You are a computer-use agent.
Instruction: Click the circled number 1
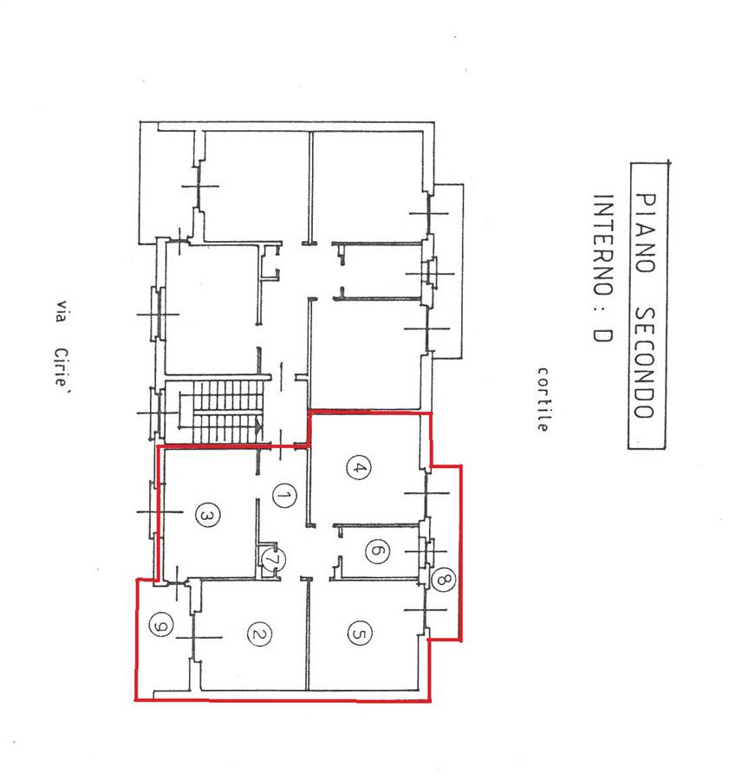[284, 496]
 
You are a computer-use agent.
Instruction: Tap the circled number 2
[259, 634]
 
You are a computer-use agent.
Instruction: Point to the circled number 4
[358, 468]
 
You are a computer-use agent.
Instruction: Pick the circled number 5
[359, 633]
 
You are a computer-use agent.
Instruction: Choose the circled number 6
[377, 550]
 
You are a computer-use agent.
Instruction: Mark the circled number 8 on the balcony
[443, 579]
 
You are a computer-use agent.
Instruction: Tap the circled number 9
[160, 624]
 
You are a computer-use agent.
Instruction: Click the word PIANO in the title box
[647, 233]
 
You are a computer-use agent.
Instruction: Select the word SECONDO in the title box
[646, 362]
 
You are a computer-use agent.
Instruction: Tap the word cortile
[543, 400]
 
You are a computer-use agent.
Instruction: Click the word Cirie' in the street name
[62, 368]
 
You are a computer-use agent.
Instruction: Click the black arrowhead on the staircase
[258, 426]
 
